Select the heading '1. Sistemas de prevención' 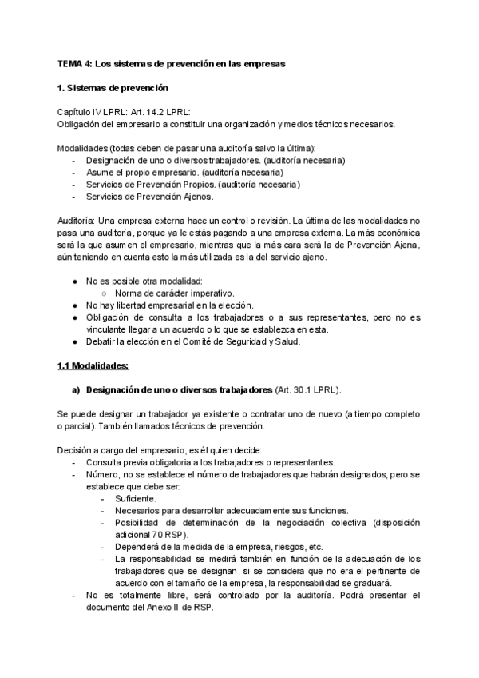(x=112, y=87)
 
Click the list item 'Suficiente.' (x=137, y=497)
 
